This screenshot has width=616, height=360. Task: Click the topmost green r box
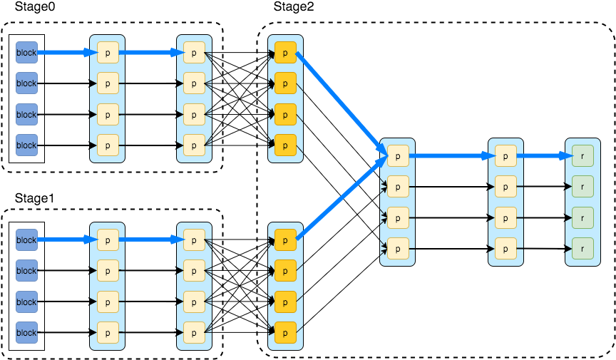tap(582, 155)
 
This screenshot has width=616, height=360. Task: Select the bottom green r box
tap(582, 248)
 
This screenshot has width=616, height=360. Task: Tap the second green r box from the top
tap(582, 186)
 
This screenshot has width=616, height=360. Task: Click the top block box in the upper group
tap(26, 53)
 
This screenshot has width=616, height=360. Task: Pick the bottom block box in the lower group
tap(26, 333)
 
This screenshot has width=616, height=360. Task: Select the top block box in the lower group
tap(26, 240)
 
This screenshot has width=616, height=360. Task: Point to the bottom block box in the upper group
tap(26, 145)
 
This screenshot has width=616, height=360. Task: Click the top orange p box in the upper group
tap(285, 53)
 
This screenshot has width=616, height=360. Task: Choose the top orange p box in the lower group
tap(285, 240)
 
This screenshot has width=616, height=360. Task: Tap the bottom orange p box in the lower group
tap(285, 333)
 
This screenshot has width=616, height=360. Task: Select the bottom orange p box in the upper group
tap(285, 145)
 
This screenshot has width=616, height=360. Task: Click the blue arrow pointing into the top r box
tap(543, 155)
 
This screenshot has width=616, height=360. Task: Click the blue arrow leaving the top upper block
tap(66, 53)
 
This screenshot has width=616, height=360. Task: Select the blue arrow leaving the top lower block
tap(66, 240)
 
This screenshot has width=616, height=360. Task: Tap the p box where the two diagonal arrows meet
tap(398, 155)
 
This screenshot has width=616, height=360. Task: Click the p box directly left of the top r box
tap(505, 155)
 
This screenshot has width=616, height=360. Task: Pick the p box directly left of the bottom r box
tap(505, 248)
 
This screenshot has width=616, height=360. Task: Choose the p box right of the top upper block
tap(108, 53)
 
